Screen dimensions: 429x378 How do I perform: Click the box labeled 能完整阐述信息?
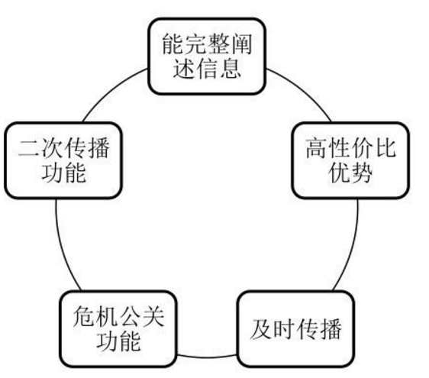(x=207, y=57)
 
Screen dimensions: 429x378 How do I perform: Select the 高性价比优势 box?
(x=350, y=160)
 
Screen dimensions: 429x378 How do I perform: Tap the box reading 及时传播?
(x=296, y=328)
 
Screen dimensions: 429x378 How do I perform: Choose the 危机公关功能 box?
(x=118, y=328)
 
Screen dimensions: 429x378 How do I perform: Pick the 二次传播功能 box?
(x=63, y=160)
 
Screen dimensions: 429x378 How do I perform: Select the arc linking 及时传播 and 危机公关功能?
(x=207, y=357)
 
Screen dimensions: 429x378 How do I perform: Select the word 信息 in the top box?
(x=218, y=68)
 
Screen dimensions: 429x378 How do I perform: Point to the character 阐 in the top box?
(x=241, y=44)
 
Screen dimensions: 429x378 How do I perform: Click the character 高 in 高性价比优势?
(x=317, y=148)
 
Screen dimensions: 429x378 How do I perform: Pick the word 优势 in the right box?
(x=350, y=173)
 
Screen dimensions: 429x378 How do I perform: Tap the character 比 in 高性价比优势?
(x=385, y=148)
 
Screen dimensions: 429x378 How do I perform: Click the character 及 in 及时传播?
(x=261, y=329)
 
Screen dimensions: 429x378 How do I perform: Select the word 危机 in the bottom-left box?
(x=95, y=317)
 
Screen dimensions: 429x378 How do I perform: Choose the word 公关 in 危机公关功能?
(x=141, y=317)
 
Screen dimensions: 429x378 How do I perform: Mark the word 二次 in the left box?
(x=41, y=148)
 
